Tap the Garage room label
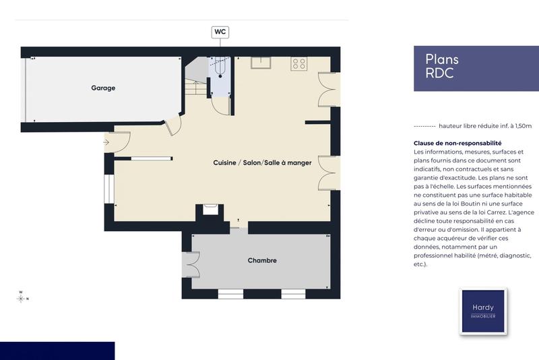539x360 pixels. pyautogui.click(x=103, y=88)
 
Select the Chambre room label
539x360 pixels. pyautogui.click(x=262, y=260)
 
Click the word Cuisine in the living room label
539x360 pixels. pyautogui.click(x=225, y=162)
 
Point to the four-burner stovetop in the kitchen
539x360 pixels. pyautogui.click(x=298, y=64)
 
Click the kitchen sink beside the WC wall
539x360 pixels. pyautogui.click(x=261, y=63)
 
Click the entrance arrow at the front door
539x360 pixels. pyautogui.click(x=106, y=142)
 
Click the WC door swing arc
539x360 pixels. pyautogui.click(x=221, y=104)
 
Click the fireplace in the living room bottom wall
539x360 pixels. pyautogui.click(x=209, y=211)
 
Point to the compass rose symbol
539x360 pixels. pyautogui.click(x=22, y=297)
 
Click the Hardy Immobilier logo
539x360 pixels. pyautogui.click(x=482, y=311)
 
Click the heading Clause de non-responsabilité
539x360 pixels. pyautogui.click(x=457, y=144)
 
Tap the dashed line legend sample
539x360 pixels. pyautogui.click(x=424, y=126)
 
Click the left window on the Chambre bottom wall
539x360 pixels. pyautogui.click(x=230, y=293)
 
